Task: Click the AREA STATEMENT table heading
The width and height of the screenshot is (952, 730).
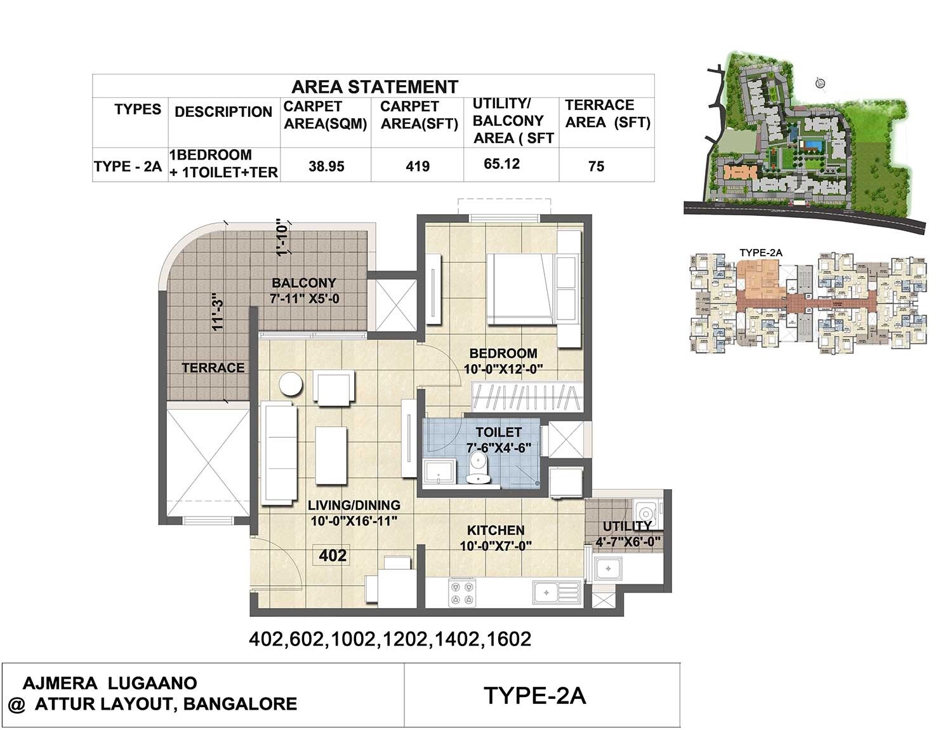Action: (x=374, y=86)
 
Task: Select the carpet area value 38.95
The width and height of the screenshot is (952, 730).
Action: (x=326, y=166)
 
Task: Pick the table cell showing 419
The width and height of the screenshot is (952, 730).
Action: (x=418, y=166)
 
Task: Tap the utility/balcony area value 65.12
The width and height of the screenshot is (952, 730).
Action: (x=501, y=164)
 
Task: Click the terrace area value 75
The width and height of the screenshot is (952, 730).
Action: (x=596, y=166)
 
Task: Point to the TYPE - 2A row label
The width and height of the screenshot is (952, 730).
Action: (x=128, y=166)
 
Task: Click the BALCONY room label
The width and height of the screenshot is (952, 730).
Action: (x=304, y=283)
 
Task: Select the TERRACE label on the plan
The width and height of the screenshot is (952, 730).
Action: (x=213, y=368)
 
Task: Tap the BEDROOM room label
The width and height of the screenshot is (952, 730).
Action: (x=503, y=353)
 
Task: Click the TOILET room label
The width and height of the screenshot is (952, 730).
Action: (x=498, y=433)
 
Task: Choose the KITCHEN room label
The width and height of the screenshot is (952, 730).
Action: (x=496, y=530)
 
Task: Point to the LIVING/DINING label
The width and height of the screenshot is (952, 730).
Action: (x=354, y=505)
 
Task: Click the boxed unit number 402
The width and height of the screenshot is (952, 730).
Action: (x=333, y=556)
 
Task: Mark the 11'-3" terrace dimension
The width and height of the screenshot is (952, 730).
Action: (x=218, y=311)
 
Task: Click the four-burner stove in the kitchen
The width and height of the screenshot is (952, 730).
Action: (x=462, y=593)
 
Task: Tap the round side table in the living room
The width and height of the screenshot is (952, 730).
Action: (x=292, y=385)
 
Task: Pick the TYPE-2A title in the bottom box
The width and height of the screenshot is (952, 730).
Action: (x=534, y=696)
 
